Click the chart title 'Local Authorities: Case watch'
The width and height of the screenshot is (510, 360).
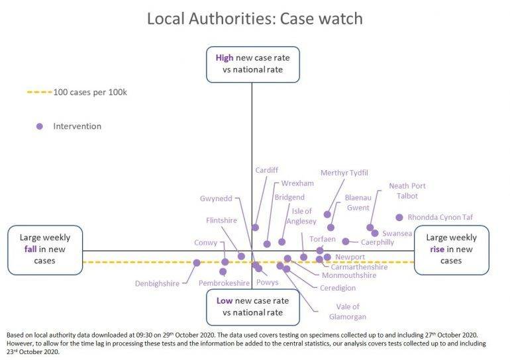tap(254, 18)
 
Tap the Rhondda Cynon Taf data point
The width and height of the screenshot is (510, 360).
tap(399, 217)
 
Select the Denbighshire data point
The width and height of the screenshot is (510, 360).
tap(197, 263)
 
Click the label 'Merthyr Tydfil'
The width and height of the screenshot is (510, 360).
tap(344, 173)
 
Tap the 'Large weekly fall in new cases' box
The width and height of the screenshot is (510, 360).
tap(45, 249)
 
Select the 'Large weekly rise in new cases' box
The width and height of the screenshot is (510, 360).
tap(451, 249)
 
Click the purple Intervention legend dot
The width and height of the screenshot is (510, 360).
tap(40, 126)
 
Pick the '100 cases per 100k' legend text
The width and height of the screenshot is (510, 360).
tap(89, 92)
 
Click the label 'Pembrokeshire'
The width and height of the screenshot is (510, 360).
tap(224, 283)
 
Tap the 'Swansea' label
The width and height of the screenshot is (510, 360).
tap(397, 234)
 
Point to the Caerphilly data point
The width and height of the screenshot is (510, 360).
tap(346, 242)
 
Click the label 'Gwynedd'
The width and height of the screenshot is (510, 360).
tap(216, 199)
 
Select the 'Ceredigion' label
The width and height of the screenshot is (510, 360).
tap(338, 288)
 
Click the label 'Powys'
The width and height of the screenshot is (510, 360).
tap(267, 283)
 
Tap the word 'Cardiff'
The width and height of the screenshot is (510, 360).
tap(267, 170)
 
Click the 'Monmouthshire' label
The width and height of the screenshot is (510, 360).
tap(349, 275)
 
